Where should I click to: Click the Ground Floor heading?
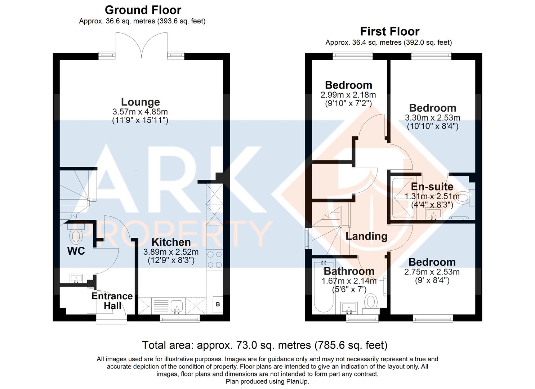tap(143, 10)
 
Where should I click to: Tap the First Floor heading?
tap(390, 32)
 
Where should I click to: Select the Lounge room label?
tap(141, 102)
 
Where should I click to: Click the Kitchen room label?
tap(171, 242)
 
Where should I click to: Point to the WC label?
tap(76, 251)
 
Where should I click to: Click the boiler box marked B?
tap(218, 304)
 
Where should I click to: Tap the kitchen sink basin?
tap(177, 306)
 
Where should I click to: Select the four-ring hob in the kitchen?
tap(214, 260)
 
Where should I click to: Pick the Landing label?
tap(366, 236)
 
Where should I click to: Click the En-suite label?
tap(432, 187)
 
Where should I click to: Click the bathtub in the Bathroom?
tap(324, 287)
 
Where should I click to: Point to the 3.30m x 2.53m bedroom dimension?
tap(433, 118)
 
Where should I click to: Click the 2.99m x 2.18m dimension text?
tap(348, 95)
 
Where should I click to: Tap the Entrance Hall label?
tap(112, 301)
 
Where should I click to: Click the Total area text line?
tap(265, 345)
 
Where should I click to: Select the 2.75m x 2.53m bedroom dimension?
tap(432, 272)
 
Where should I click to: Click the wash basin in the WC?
tap(76, 278)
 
